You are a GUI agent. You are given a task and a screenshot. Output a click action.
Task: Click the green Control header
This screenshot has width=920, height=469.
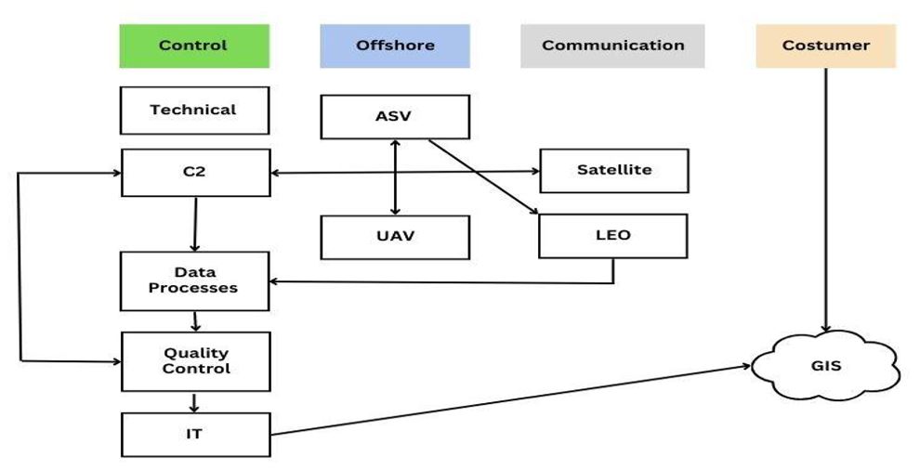[193, 46]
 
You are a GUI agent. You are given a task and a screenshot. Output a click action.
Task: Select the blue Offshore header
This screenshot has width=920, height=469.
[394, 46]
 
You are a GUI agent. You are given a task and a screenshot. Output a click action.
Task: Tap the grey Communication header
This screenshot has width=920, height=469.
[612, 46]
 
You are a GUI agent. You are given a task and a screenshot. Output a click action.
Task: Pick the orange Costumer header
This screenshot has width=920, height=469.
[825, 46]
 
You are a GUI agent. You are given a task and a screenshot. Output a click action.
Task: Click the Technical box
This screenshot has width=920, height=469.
[194, 110]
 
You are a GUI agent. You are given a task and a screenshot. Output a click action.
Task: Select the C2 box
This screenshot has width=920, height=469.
[194, 172]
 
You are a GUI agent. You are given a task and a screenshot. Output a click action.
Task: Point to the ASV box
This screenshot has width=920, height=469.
[395, 116]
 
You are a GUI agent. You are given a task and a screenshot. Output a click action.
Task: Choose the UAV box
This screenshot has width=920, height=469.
[395, 236]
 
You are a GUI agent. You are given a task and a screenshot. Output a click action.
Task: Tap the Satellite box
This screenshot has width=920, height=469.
[613, 170]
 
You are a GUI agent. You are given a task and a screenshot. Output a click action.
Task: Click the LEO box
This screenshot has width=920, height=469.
[613, 235]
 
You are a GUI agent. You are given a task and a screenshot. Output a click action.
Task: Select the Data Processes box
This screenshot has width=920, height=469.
[194, 280]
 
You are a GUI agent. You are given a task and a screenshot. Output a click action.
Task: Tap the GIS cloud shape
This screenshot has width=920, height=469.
[825, 366]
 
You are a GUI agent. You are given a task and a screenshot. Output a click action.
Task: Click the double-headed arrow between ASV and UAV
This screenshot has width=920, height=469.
[396, 176]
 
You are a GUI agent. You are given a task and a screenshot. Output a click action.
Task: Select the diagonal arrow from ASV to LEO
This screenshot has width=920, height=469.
[483, 176]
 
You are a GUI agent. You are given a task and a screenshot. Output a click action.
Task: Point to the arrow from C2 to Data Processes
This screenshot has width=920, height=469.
[194, 223]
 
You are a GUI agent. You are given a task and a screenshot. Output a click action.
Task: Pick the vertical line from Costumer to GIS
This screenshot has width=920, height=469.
[825, 195]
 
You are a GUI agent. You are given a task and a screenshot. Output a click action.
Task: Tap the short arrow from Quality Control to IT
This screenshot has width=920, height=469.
[195, 402]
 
